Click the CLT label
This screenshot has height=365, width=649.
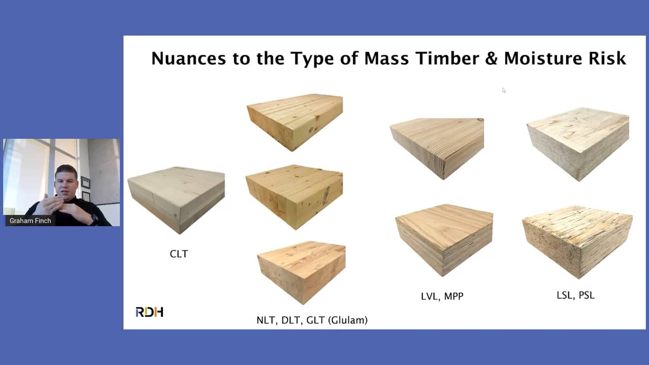[x=178, y=254]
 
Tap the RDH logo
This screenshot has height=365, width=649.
[x=149, y=312]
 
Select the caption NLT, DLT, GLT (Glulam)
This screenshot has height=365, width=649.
[x=312, y=320]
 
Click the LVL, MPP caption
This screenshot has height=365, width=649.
[x=442, y=296]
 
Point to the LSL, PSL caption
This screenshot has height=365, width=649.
[x=575, y=295]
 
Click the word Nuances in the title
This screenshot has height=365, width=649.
[x=188, y=58]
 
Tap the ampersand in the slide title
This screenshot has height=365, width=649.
[x=490, y=58]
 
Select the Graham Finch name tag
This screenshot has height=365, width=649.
[x=30, y=221]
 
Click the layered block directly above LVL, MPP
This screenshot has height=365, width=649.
[x=444, y=238]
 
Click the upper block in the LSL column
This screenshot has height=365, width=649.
[x=578, y=142]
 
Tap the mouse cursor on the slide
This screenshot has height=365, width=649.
[x=504, y=90]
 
